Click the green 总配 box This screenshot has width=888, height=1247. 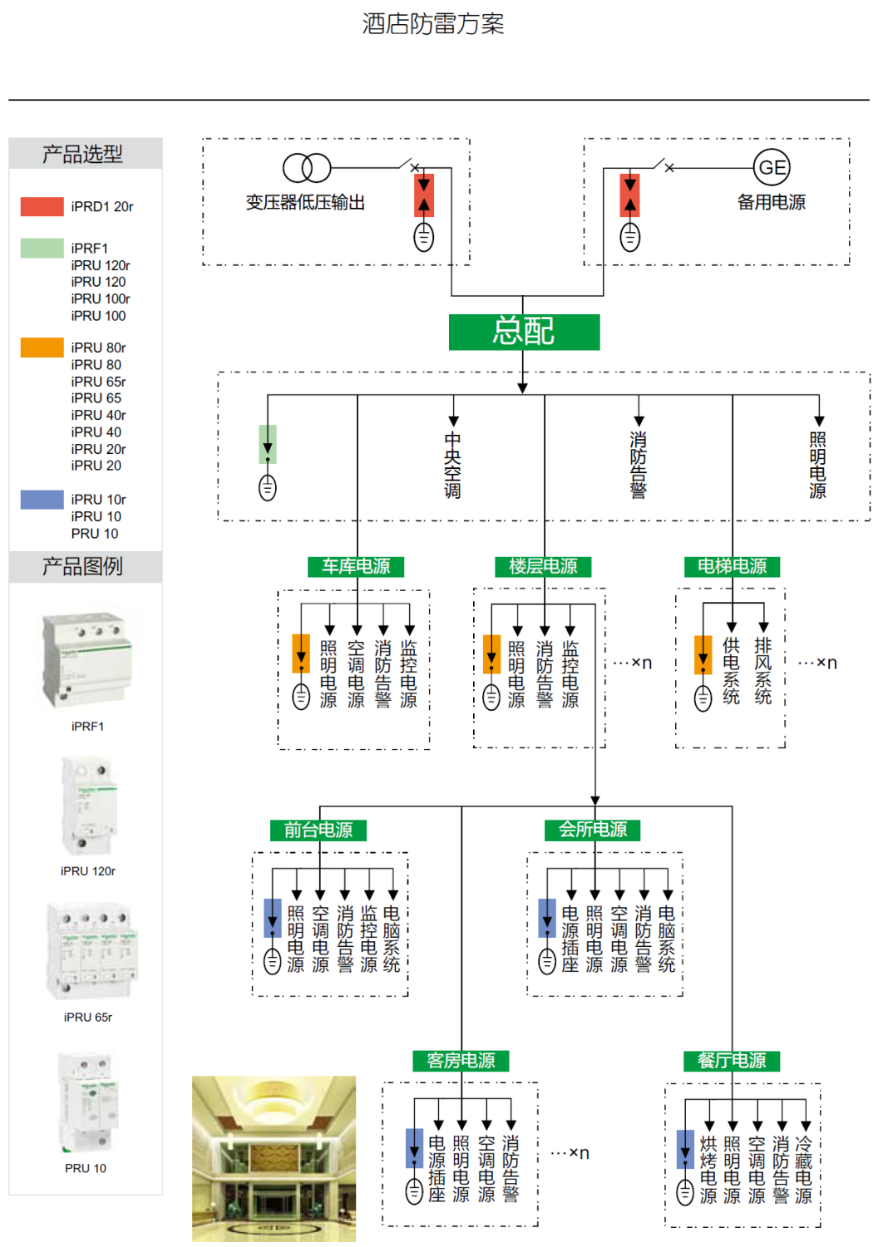[524, 332]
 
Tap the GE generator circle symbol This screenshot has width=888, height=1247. [772, 168]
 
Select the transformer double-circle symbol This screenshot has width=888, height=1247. [307, 168]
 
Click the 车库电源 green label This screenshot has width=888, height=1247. [357, 566]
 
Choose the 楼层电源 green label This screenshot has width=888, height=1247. [544, 566]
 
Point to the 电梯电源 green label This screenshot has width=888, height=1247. [732, 566]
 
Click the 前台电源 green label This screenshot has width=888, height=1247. [318, 830]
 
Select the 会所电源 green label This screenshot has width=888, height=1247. [593, 830]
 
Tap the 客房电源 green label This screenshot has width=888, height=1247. [461, 1060]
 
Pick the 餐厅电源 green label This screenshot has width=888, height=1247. [732, 1060]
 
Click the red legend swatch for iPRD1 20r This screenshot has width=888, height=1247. [42, 206]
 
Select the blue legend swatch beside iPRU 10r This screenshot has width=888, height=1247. [42, 499]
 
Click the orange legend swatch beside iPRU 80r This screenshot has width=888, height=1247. [42, 347]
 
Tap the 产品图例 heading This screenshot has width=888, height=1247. [83, 567]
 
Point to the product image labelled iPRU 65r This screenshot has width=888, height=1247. [91, 952]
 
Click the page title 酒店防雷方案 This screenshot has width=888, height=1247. [433, 24]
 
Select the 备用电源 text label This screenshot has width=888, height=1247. [772, 202]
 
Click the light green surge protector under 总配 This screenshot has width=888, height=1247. [268, 444]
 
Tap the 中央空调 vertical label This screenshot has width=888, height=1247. [453, 466]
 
